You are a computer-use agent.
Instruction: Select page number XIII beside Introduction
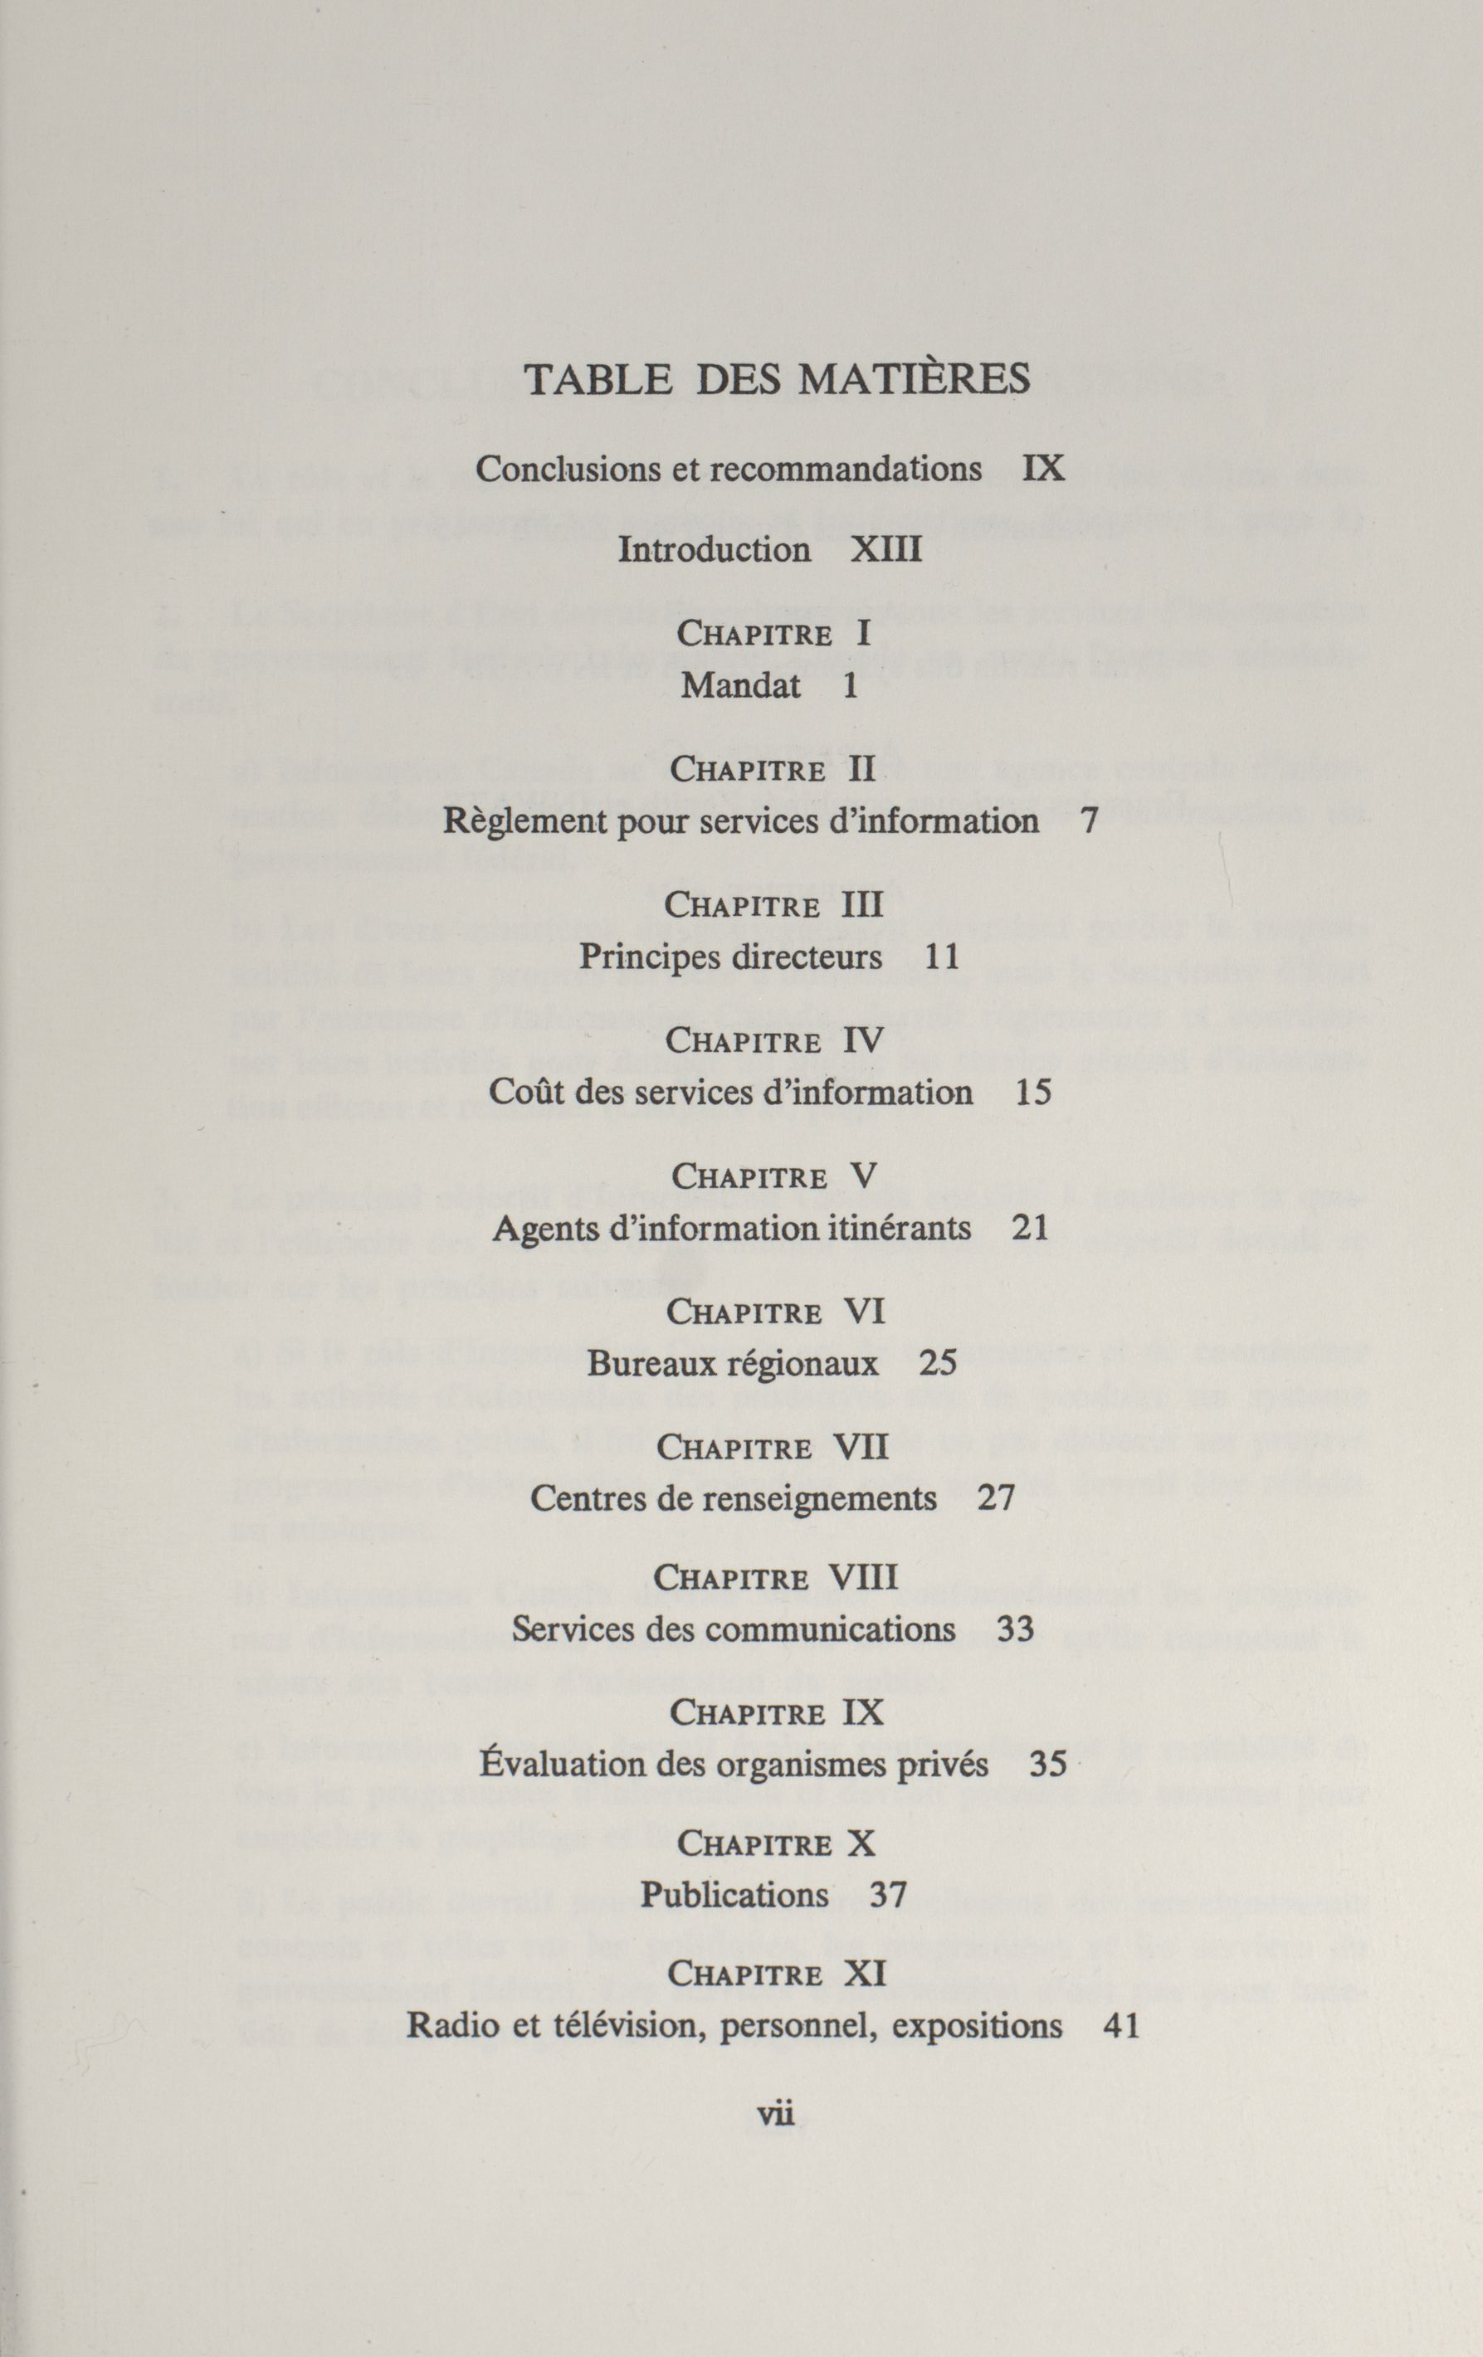pos(885,550)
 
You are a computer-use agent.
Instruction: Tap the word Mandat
pos(740,686)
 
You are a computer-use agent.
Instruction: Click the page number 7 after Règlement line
pos(1090,821)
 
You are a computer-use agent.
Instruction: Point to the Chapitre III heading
pos(773,903)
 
